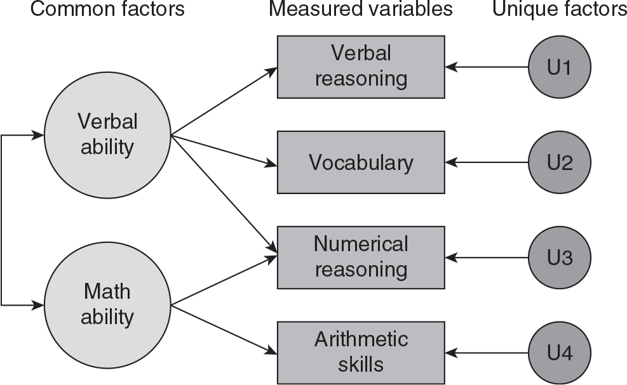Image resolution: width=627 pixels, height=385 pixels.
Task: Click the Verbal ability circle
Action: tap(107, 134)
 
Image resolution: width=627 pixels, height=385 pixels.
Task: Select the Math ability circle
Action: tap(107, 304)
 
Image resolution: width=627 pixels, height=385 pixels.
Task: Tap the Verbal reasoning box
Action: tap(360, 67)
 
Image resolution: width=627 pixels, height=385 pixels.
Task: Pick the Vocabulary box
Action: tap(360, 162)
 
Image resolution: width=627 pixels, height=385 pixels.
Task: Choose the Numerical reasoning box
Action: tap(360, 257)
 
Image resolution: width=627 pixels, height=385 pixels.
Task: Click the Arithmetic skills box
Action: tap(360, 352)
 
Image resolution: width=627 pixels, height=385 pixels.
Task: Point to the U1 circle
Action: tap(560, 67)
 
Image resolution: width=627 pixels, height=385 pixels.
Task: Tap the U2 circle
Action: tap(560, 162)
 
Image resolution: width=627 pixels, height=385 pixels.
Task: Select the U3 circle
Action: tap(560, 258)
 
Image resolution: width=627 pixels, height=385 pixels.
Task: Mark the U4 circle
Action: tap(560, 353)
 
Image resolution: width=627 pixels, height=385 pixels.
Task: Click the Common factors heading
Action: tap(107, 10)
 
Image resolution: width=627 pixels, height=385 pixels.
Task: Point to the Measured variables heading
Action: tap(360, 10)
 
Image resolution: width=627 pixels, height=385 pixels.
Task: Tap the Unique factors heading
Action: tap(559, 10)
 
